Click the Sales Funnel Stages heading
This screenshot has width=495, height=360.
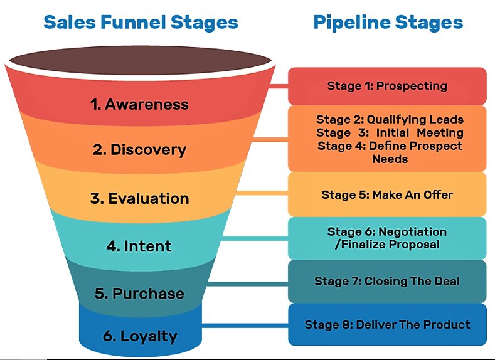141,23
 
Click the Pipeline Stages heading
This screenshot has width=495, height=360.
388,23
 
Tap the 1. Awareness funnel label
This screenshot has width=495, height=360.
139,104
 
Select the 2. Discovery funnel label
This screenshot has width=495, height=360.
139,150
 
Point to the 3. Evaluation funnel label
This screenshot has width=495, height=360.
139,198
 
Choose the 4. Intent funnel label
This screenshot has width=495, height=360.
139,246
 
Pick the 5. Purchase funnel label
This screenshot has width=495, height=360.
139,294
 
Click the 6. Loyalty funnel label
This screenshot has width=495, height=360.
139,335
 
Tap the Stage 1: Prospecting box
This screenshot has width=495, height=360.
387,86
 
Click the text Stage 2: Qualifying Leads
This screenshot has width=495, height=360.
390,119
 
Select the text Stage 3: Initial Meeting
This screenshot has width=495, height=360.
390,132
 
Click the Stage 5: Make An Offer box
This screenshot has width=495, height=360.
387,194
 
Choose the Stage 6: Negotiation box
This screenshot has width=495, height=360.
387,238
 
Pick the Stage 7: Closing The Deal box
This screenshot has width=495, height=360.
387,281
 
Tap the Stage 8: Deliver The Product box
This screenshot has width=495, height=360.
387,324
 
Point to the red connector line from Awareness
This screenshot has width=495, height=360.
279,86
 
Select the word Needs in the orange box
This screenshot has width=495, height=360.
390,159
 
